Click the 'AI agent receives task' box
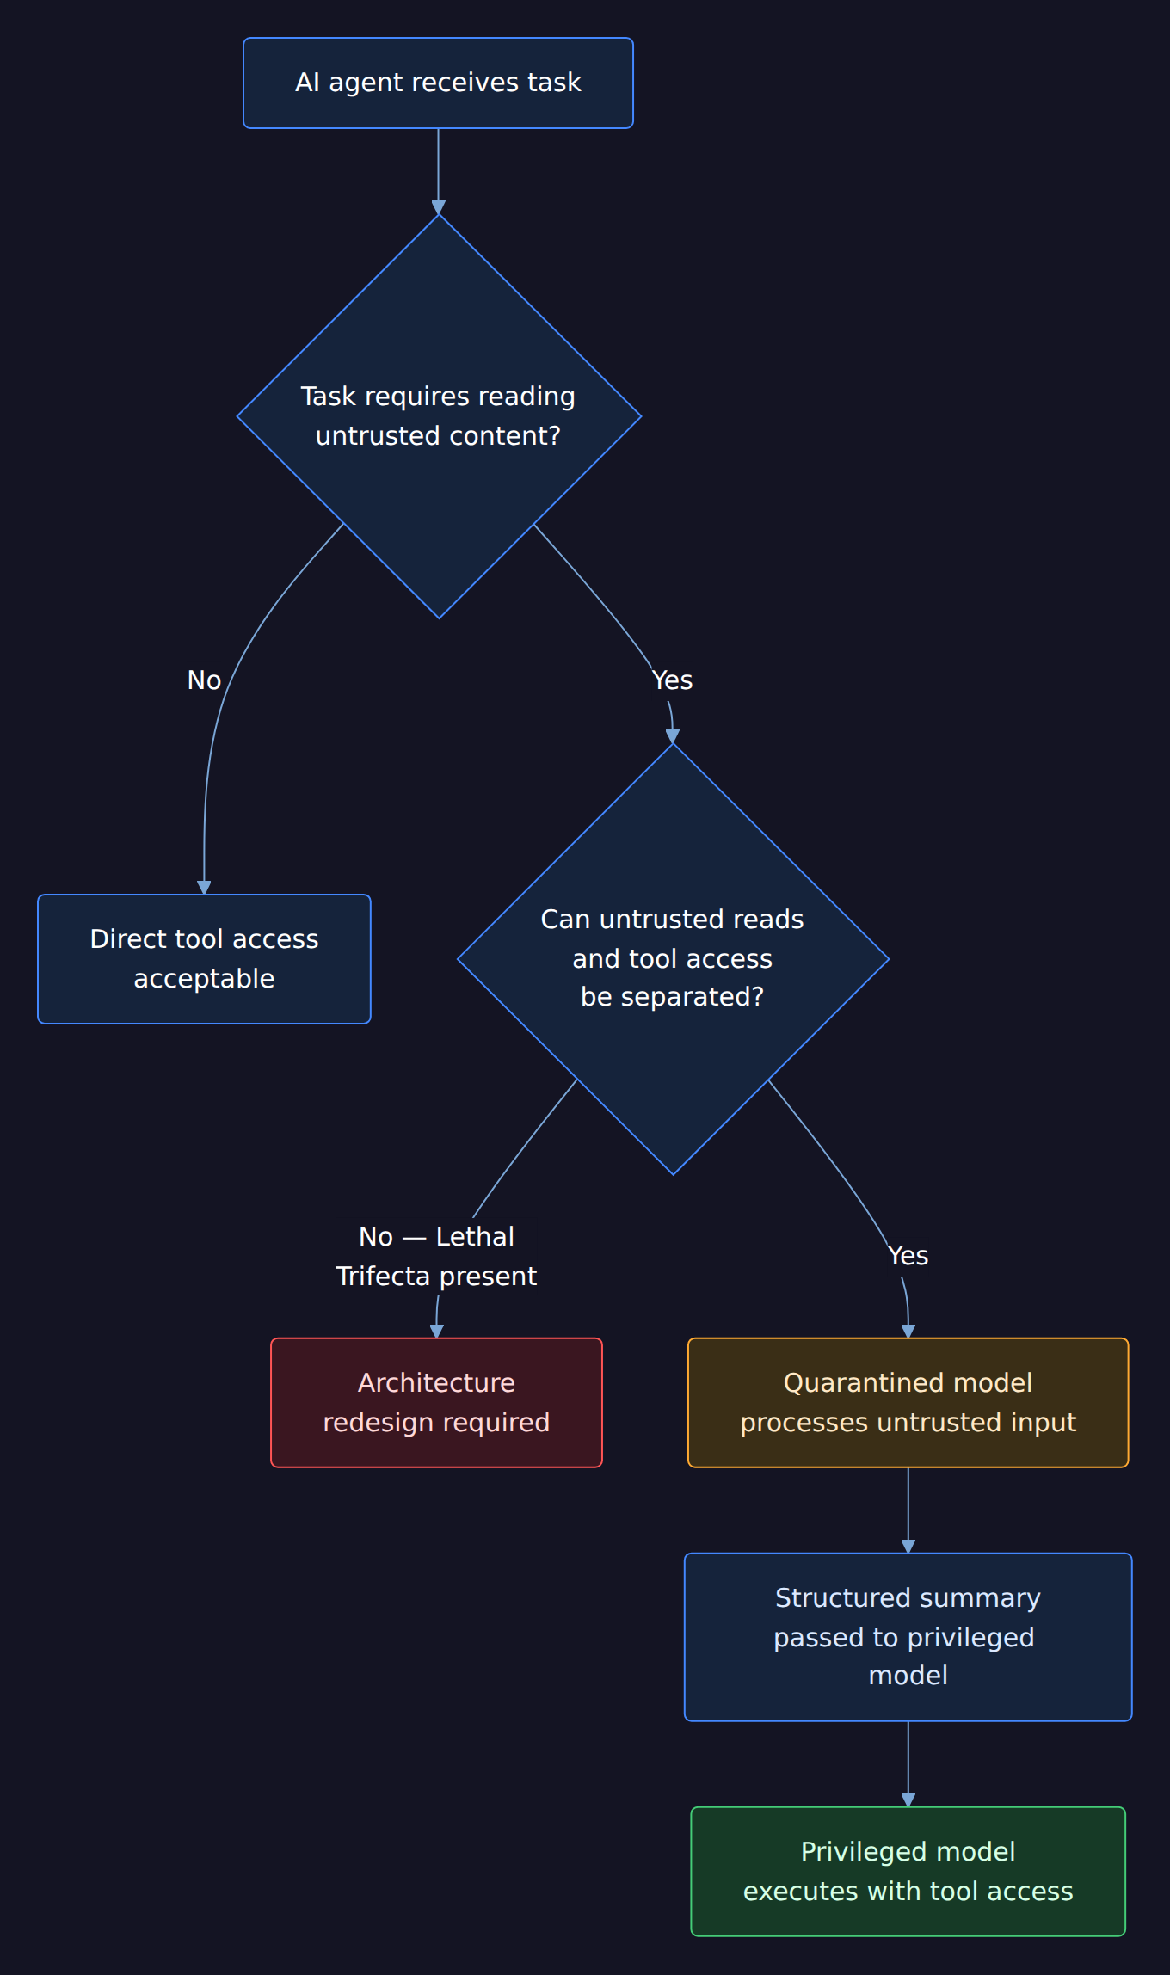[438, 83]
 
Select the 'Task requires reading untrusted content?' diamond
[439, 416]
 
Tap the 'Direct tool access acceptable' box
[204, 959]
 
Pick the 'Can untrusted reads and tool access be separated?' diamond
[673, 959]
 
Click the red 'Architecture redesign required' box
[436, 1402]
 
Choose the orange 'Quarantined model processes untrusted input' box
[908, 1402]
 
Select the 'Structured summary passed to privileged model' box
[908, 1637]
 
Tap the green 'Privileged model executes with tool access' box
[908, 1871]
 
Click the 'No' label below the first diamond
[204, 680]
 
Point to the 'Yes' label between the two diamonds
[672, 680]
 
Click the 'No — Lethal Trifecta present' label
[436, 1256]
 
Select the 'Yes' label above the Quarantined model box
[908, 1256]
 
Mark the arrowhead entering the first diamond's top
[439, 207]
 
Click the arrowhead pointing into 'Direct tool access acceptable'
[204, 888]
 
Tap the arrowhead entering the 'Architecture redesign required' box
[436, 1332]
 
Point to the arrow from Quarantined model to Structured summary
[908, 1510]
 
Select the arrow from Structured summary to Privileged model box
[908, 1764]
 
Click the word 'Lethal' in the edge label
[475, 1236]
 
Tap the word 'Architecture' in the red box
[436, 1382]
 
